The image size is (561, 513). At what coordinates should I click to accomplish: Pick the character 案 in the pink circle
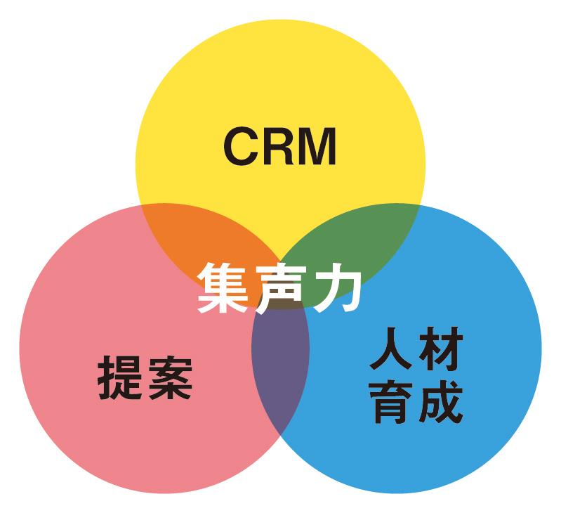[169, 377]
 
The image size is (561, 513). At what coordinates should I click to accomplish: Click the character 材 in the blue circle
[440, 353]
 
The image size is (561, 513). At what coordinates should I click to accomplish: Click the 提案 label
[144, 377]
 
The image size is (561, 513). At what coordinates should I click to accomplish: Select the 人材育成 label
[416, 377]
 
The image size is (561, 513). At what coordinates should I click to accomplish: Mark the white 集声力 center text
[279, 287]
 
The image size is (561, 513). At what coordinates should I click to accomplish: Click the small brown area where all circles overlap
[281, 304]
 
